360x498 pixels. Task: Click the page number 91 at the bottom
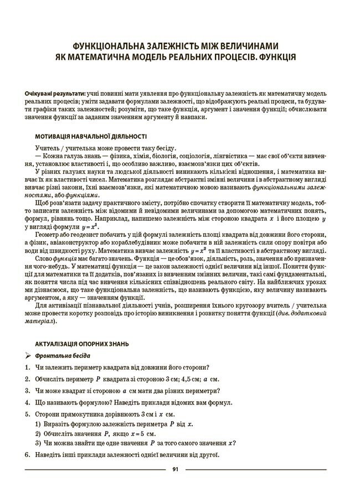pyautogui.click(x=174, y=470)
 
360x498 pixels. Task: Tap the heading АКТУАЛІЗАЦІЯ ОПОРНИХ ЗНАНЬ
pyautogui.click(x=83, y=344)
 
